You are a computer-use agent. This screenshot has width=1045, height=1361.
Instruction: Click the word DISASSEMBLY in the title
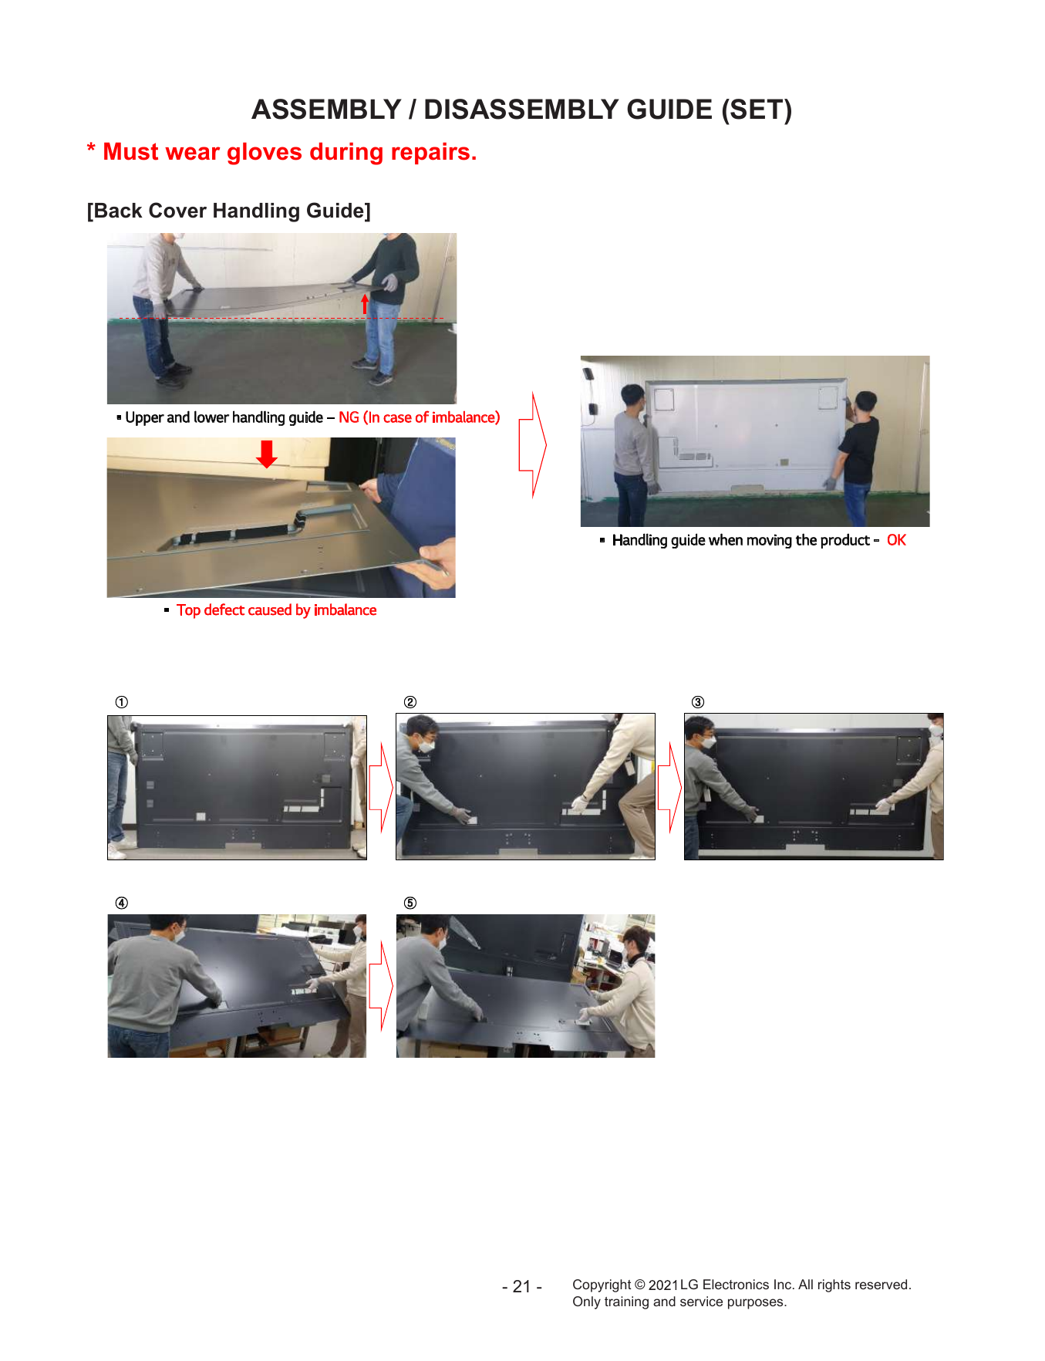[568, 110]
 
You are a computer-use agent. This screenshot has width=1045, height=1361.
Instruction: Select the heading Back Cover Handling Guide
[229, 211]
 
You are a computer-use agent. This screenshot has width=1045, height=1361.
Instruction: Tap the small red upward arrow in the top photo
[365, 305]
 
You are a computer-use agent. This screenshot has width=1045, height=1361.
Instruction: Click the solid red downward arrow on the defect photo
[267, 454]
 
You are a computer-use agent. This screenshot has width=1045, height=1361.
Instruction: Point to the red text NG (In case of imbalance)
[420, 417]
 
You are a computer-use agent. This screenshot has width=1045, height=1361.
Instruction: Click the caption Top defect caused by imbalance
[277, 610]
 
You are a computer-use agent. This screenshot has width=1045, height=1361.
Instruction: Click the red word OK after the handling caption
[896, 540]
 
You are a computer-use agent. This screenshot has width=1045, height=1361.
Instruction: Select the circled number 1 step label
[122, 702]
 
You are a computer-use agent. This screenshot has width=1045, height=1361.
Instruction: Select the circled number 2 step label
[410, 702]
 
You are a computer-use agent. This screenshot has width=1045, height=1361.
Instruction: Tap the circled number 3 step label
[698, 702]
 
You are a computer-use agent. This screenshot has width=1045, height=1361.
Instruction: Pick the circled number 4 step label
[122, 903]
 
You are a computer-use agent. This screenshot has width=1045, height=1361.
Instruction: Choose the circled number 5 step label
[410, 903]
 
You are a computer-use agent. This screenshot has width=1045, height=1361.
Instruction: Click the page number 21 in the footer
[522, 1287]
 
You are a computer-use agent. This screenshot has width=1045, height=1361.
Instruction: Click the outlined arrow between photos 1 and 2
[382, 788]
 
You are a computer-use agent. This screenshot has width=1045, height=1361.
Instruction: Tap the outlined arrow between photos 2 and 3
[670, 788]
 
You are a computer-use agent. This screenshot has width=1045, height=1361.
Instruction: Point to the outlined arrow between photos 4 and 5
[382, 986]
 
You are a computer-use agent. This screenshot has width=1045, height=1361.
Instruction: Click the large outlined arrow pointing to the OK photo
[533, 444]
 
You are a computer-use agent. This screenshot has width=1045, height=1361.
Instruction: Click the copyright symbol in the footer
[639, 1285]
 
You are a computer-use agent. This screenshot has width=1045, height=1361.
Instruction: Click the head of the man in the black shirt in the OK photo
[866, 403]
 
